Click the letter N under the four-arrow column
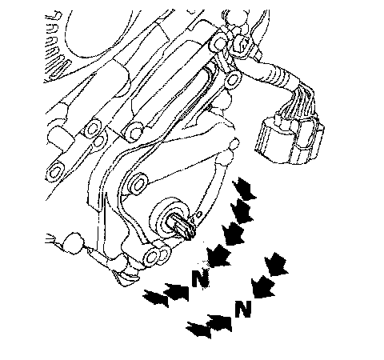[x=200, y=278]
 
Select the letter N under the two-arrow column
[x=243, y=309]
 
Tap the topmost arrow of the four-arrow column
[x=244, y=189]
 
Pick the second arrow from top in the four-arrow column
[x=242, y=211]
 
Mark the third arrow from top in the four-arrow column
[x=233, y=234]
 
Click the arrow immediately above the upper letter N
[x=218, y=256]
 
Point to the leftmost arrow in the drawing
[x=156, y=298]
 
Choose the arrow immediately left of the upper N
[x=176, y=291]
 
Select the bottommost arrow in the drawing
[x=198, y=330]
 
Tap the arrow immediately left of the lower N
[x=219, y=323]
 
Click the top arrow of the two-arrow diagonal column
[x=277, y=264]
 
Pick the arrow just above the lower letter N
[x=263, y=286]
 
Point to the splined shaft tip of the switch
[x=182, y=226]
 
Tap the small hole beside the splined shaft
[x=199, y=214]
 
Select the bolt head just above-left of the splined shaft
[x=138, y=184]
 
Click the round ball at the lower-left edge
[x=73, y=242]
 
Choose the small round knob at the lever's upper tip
[x=234, y=144]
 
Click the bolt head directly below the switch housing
[x=151, y=257]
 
